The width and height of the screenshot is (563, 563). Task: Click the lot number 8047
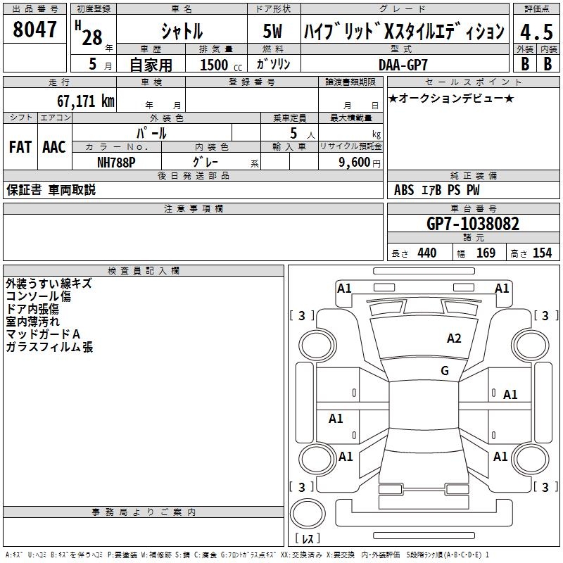pyautogui.click(x=35, y=30)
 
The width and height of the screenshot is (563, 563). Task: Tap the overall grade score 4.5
pyautogui.click(x=536, y=32)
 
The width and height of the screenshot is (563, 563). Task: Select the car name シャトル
pyautogui.click(x=182, y=32)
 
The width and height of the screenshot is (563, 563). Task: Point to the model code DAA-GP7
pyautogui.click(x=403, y=65)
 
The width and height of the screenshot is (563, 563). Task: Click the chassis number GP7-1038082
pyautogui.click(x=473, y=224)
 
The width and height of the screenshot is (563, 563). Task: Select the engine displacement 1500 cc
pyautogui.click(x=218, y=65)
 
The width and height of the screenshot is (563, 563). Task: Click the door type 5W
pyautogui.click(x=272, y=32)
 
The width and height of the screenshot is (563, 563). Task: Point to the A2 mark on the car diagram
pyautogui.click(x=454, y=339)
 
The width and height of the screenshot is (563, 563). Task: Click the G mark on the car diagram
pyautogui.click(x=444, y=370)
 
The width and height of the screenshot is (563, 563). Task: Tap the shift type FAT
pyautogui.click(x=20, y=146)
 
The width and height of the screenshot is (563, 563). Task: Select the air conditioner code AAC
pyautogui.click(x=53, y=146)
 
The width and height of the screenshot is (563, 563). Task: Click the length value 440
pyautogui.click(x=426, y=253)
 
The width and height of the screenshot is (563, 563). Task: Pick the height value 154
pyautogui.click(x=542, y=253)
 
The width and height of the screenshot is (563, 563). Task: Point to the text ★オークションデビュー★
pyautogui.click(x=451, y=98)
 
